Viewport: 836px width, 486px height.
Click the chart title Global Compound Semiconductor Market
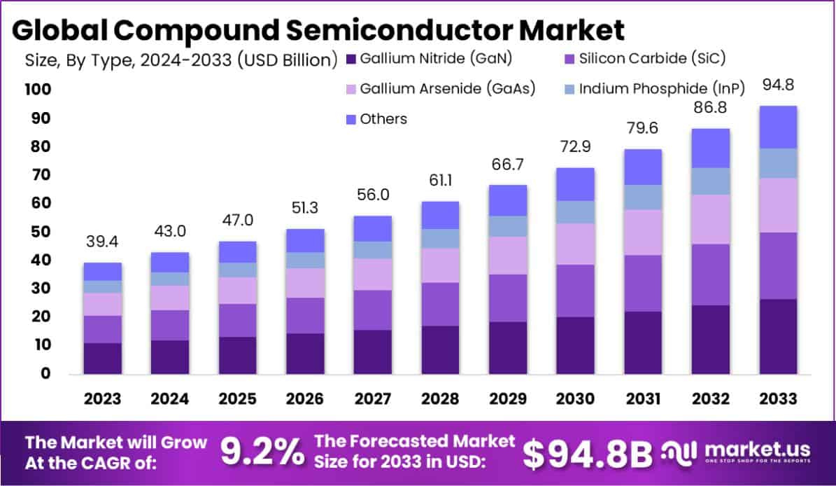318,30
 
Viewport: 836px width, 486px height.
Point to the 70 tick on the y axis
40,175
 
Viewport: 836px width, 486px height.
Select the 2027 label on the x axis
372,398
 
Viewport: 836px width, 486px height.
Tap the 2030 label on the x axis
575,398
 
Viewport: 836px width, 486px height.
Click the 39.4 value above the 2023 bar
103,242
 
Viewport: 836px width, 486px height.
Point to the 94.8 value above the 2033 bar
779,85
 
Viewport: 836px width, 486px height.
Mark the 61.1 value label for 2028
440,181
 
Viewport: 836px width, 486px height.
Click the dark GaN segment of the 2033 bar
778,336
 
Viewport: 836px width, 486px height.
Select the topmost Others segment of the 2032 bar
710,148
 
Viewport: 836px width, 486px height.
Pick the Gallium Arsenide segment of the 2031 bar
643,232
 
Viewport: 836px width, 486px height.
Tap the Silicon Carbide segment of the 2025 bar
237,320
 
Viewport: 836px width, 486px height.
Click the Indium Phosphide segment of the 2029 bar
508,226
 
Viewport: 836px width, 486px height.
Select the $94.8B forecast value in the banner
587,453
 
